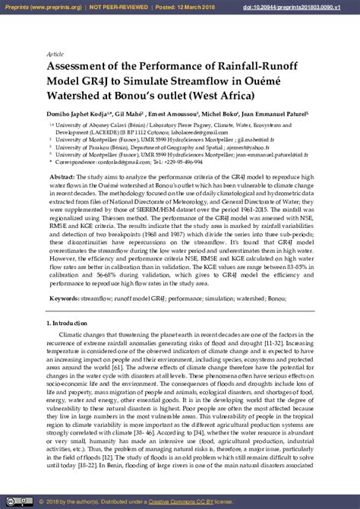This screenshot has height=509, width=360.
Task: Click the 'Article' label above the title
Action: click(55, 55)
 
